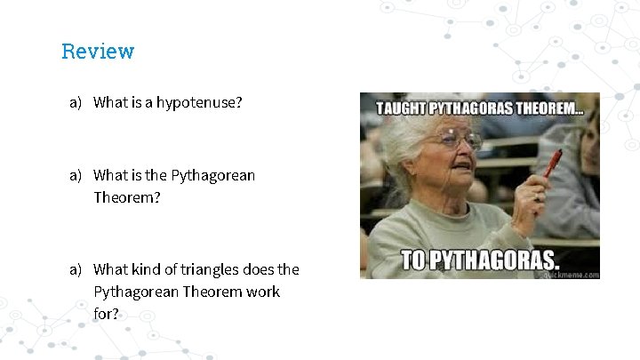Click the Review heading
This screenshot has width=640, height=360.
(x=98, y=52)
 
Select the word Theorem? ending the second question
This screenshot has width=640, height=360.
(x=127, y=197)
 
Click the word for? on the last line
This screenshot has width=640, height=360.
(x=106, y=314)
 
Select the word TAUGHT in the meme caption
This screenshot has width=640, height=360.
(x=402, y=109)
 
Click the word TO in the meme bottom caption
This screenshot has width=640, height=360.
(x=416, y=261)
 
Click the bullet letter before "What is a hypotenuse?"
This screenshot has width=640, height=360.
(x=76, y=102)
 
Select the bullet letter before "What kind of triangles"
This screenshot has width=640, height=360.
(x=76, y=269)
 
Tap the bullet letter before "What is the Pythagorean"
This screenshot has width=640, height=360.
(x=76, y=175)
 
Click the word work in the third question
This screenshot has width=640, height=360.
(x=262, y=292)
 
